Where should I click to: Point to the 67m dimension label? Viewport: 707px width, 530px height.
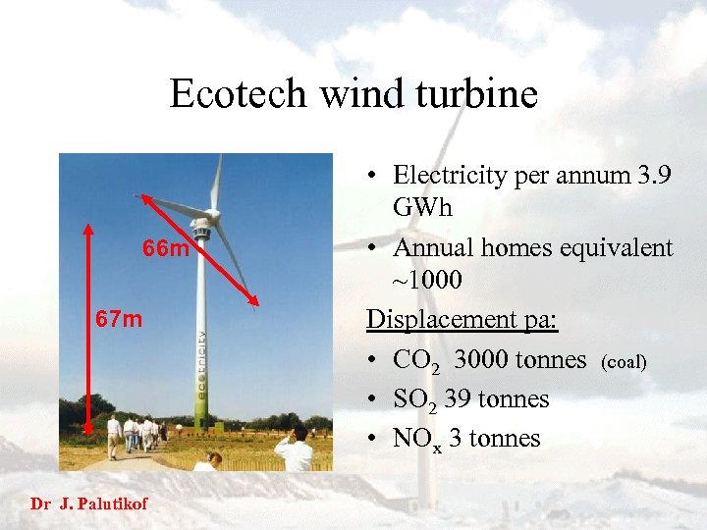tap(119, 319)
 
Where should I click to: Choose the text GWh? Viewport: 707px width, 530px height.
tap(421, 208)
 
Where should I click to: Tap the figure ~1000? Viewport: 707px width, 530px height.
tap(427, 281)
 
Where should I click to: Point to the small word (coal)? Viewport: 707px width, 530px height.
tap(623, 362)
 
